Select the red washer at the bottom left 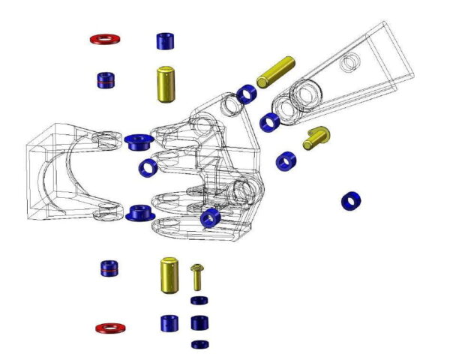(110, 328)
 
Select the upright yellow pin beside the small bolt (168, 275)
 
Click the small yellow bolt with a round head (197, 276)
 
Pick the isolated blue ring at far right (351, 201)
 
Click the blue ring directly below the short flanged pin (286, 160)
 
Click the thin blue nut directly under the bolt (199, 301)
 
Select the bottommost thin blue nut (199, 344)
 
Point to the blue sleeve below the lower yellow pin (169, 323)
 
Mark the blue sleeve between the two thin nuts (199, 323)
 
